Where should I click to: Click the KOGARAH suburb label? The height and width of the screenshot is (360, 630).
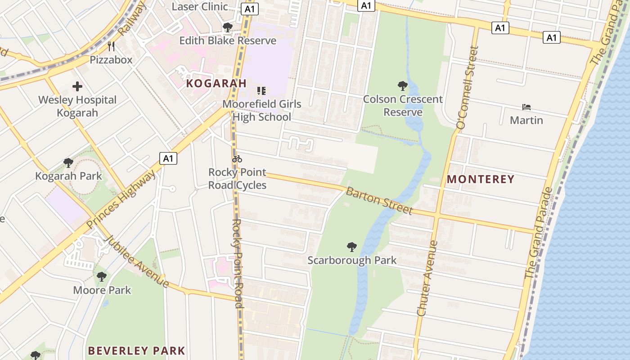click(216, 83)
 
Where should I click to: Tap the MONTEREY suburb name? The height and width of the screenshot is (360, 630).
click(480, 179)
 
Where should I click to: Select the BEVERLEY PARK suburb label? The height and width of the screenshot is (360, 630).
click(136, 351)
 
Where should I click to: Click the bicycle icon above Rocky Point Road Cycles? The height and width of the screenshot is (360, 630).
click(237, 159)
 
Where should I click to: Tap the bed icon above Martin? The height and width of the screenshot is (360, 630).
click(526, 107)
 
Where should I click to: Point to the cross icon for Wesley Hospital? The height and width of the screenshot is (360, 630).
click(77, 86)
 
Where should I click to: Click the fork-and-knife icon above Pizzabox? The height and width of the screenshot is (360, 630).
click(111, 46)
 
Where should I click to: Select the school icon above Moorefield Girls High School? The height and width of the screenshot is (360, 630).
click(261, 90)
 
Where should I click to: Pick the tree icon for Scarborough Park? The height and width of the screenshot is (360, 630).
click(352, 247)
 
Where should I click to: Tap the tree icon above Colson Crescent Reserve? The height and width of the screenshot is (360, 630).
click(403, 85)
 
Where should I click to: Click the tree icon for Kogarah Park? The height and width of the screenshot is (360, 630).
click(68, 162)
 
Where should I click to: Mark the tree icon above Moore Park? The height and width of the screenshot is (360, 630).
click(102, 276)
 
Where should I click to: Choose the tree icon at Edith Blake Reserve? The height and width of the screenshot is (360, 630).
click(228, 27)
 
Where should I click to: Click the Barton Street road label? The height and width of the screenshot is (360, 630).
click(379, 201)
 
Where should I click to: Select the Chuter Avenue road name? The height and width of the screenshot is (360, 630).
click(427, 278)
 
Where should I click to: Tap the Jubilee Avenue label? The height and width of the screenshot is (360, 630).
click(136, 261)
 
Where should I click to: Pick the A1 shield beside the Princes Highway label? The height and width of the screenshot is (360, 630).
click(168, 158)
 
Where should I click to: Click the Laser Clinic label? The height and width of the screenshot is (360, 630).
click(200, 6)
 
